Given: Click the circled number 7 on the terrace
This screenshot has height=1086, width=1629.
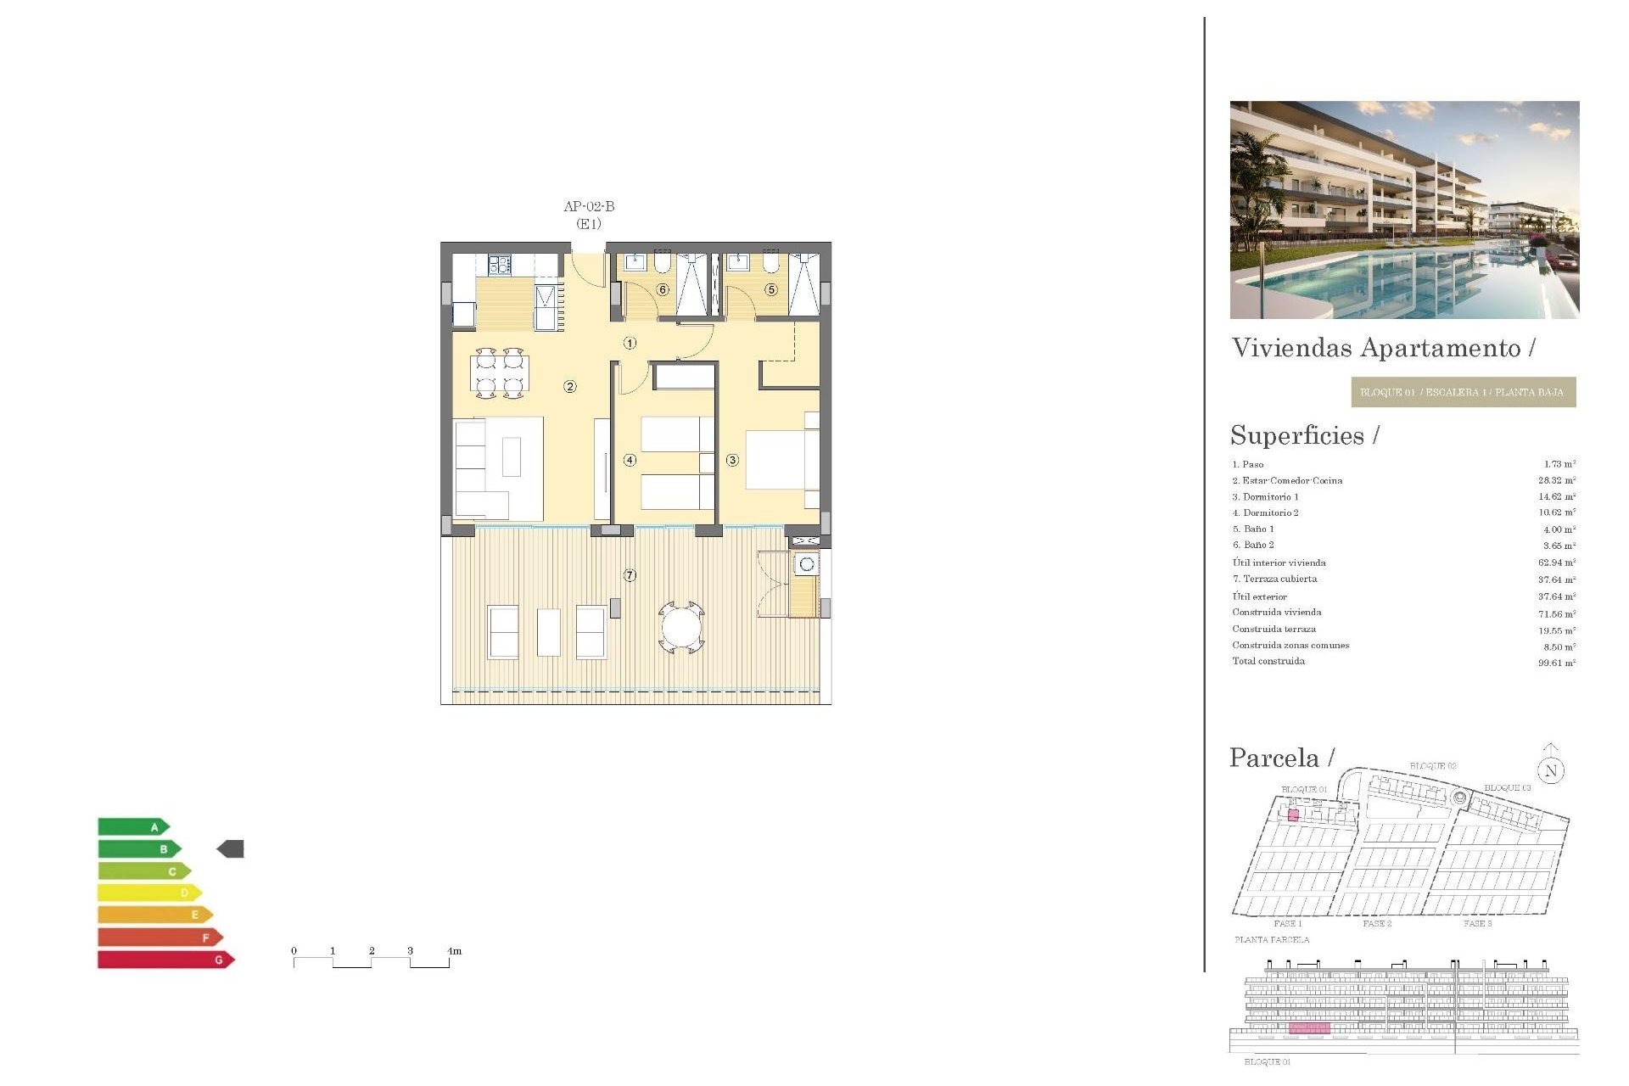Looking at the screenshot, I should [630, 576].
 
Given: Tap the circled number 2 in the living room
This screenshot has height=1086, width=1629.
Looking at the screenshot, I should [570, 387].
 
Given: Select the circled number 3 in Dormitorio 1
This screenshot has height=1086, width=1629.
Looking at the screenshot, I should [732, 461].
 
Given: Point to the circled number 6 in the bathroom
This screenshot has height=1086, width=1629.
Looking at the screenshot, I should [663, 290].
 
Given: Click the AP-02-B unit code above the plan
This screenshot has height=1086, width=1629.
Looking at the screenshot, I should [589, 206].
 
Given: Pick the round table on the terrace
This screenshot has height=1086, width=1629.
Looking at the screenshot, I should [681, 629].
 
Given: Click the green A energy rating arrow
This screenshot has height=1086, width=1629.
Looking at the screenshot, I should [134, 827].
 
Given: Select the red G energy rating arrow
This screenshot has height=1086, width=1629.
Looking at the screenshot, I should [165, 960].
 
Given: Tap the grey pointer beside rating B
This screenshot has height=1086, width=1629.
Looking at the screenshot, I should [231, 848].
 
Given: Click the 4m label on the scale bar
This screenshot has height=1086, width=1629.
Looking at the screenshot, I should [455, 951].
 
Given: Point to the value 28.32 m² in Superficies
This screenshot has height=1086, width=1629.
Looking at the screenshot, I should [1556, 480].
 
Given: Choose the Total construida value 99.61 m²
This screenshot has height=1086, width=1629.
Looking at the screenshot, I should [1556, 663].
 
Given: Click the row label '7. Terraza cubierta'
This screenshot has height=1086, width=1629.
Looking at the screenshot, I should [1274, 579].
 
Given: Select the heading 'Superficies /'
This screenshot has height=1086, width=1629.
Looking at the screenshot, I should [1304, 435].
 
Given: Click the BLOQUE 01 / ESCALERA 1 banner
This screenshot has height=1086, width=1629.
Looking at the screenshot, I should [1463, 392].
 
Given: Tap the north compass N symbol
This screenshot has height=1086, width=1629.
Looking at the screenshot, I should [1551, 770].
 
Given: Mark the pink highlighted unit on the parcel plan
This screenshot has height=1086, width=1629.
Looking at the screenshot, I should [1293, 815].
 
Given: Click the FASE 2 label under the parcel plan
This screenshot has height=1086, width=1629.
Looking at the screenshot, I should [1377, 923].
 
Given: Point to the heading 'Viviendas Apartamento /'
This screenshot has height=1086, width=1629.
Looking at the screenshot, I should [1383, 348].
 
